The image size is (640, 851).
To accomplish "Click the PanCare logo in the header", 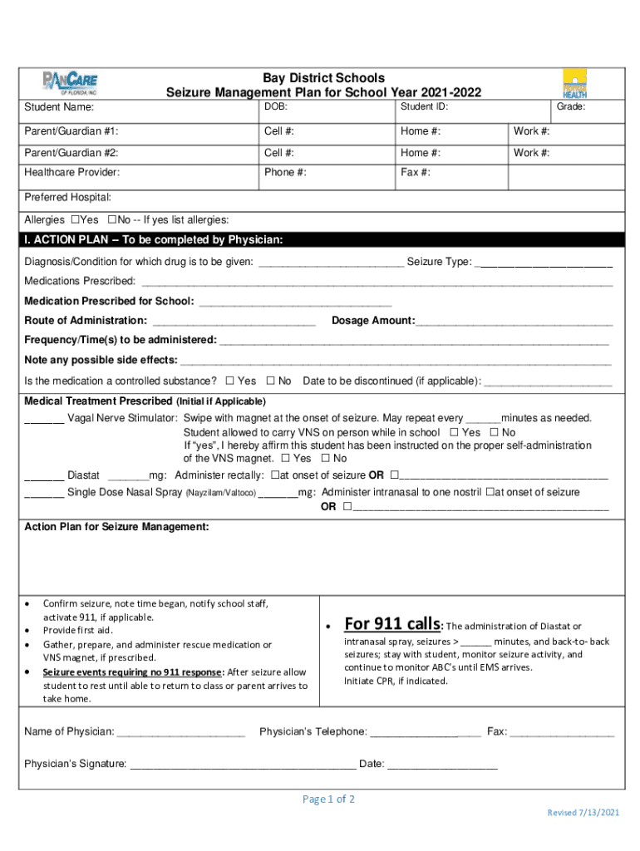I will (70, 82).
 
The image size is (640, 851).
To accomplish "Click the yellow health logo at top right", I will (574, 83).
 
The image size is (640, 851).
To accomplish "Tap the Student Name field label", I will (59, 107).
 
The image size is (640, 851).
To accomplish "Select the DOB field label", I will (276, 106).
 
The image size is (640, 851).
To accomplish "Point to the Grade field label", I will (571, 106).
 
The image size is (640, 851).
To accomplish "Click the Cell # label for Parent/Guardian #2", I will (278, 153).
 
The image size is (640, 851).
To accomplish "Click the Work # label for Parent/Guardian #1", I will (531, 131).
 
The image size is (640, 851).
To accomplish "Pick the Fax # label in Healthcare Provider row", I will (415, 173).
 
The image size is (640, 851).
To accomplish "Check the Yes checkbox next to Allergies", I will (76, 219).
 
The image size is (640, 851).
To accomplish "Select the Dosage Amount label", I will (373, 321).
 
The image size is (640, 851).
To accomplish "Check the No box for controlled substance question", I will (270, 381).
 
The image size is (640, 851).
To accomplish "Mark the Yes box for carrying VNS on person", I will (454, 432).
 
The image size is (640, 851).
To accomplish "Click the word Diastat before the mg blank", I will (83, 475).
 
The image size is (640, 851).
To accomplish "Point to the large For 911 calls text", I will (392, 624).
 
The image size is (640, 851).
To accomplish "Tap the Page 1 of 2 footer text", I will (328, 799).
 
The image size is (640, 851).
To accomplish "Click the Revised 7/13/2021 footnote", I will (582, 812).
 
